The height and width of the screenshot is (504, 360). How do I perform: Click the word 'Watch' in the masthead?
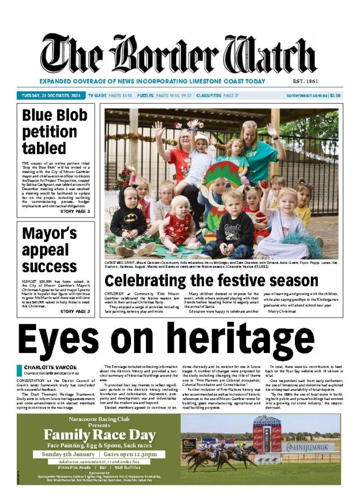coord(272,55)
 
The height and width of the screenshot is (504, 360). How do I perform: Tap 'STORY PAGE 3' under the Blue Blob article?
coord(75,212)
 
